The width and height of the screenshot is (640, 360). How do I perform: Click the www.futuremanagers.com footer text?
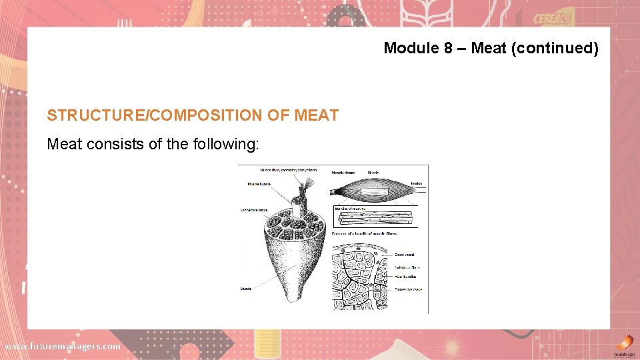(63, 346)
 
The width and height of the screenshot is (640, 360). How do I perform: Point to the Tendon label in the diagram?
(416, 183)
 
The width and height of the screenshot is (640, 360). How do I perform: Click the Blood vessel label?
(405, 255)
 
